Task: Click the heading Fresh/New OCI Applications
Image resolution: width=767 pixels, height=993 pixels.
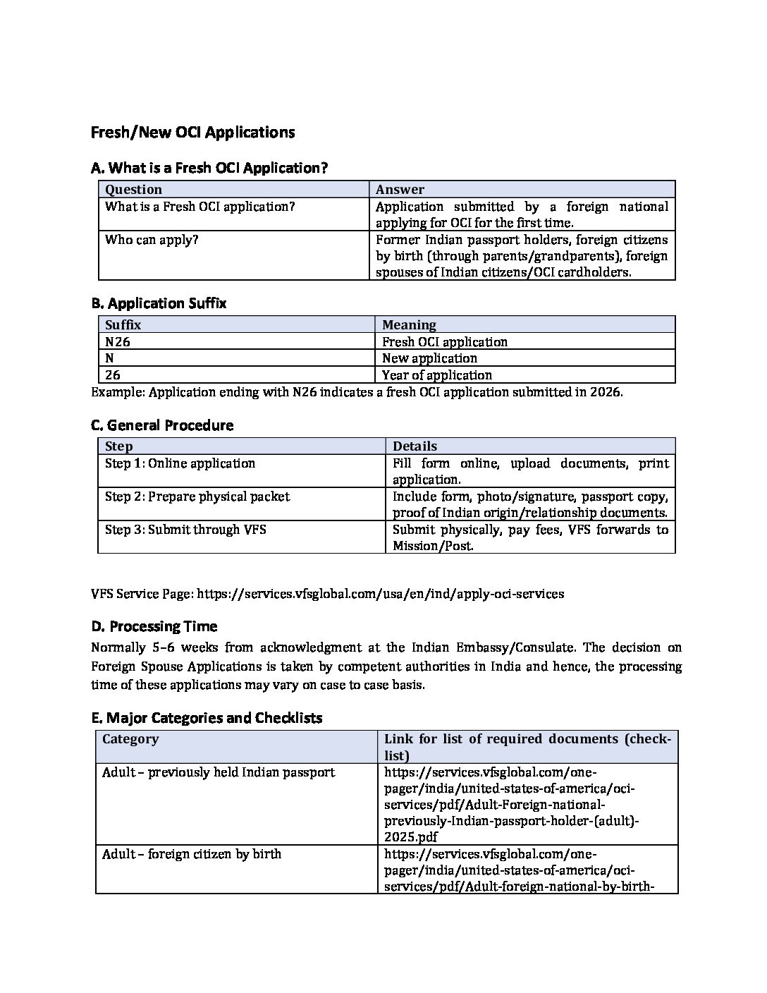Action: click(x=192, y=133)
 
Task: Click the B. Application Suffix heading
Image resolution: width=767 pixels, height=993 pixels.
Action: click(x=159, y=303)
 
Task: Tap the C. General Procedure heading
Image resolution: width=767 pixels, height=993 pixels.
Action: click(x=162, y=425)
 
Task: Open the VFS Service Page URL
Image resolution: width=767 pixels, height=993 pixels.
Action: click(x=381, y=594)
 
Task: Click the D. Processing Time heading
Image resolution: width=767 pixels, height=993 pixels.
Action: click(x=154, y=626)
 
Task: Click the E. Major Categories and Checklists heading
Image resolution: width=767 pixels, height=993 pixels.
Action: click(x=207, y=718)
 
